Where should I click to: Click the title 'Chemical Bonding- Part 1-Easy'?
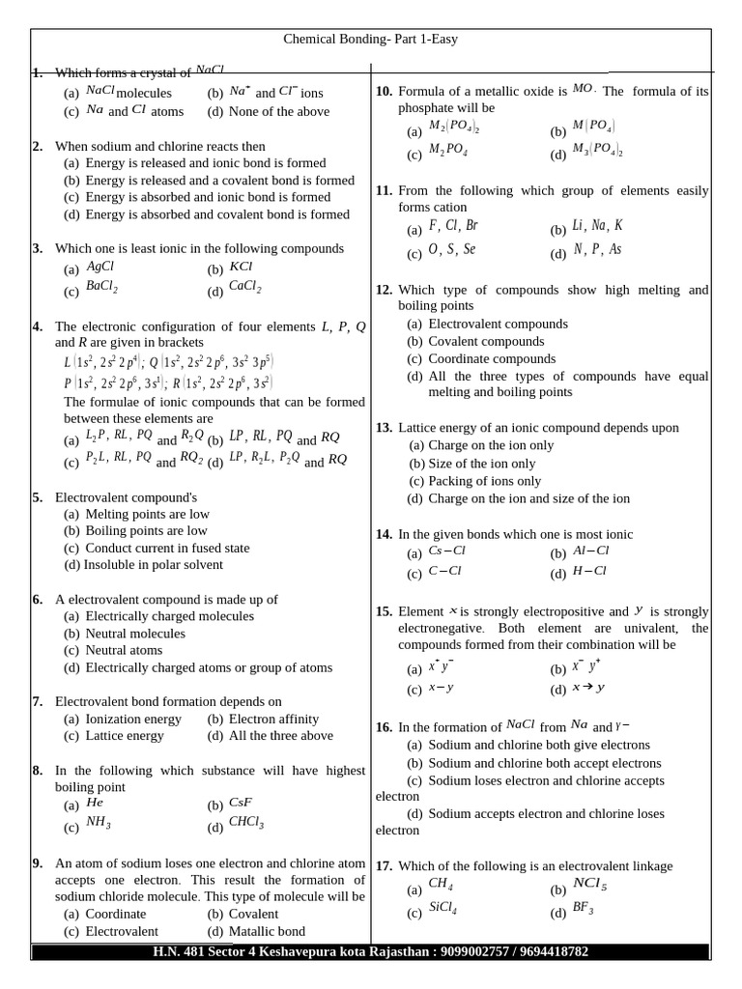(x=370, y=40)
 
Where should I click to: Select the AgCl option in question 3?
(x=100, y=267)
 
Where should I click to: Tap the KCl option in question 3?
(x=241, y=267)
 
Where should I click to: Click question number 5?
(x=37, y=497)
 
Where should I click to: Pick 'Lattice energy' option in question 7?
(x=125, y=736)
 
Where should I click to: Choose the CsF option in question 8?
(x=241, y=803)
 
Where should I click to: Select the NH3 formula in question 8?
(x=99, y=823)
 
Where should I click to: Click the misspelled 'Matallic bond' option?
(x=267, y=931)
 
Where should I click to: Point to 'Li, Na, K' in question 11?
(x=597, y=226)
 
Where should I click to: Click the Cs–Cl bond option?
(x=447, y=551)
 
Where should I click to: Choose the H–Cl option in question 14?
(x=589, y=571)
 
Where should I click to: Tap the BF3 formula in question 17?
(x=583, y=908)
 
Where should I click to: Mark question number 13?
(x=384, y=428)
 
